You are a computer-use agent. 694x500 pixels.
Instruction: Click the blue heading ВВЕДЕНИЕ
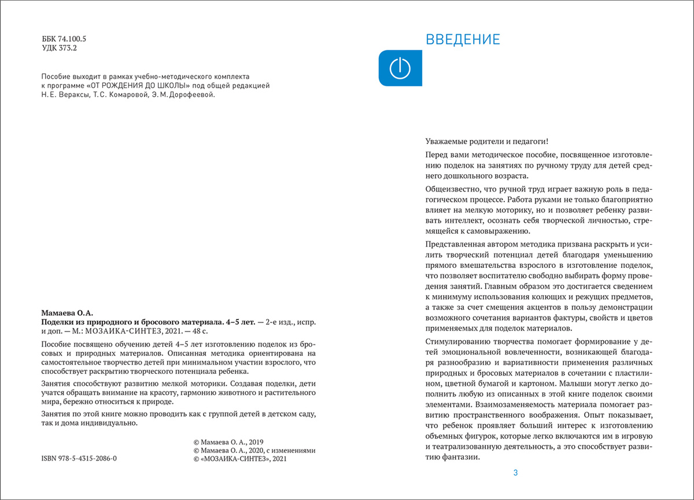pyautogui.click(x=463, y=40)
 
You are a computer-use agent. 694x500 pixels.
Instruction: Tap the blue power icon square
pyautogui.click(x=400, y=68)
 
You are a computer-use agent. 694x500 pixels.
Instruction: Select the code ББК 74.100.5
pyautogui.click(x=64, y=39)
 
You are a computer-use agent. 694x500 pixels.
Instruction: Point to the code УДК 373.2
pyautogui.click(x=59, y=49)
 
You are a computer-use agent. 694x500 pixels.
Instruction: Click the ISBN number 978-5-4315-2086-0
pyautogui.click(x=79, y=458)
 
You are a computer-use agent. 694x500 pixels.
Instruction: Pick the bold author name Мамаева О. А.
pyautogui.click(x=67, y=312)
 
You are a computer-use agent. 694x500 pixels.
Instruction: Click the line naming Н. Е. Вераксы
pyautogui.click(x=128, y=95)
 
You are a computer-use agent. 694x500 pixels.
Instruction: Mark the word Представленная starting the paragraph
pyautogui.click(x=455, y=244)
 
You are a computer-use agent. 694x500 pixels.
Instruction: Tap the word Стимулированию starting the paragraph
pyautogui.click(x=455, y=343)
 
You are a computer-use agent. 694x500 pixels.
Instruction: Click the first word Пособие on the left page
pyautogui.click(x=56, y=76)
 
